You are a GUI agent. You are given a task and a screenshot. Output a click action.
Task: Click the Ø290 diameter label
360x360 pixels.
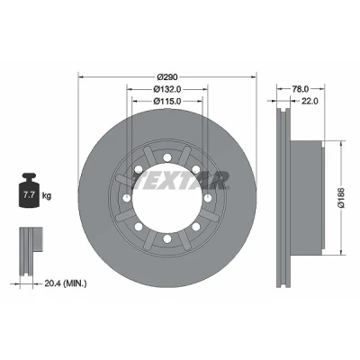[x=167, y=77]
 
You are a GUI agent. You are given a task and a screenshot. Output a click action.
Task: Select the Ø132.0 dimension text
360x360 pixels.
[x=167, y=89]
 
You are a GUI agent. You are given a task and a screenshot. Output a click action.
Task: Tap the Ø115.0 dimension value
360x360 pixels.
[x=167, y=101]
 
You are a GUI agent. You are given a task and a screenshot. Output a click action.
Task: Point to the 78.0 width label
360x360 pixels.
[x=301, y=89]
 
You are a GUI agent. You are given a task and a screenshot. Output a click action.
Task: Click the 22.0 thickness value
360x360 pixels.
[x=310, y=101]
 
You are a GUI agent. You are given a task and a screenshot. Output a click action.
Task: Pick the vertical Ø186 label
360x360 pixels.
[x=342, y=198]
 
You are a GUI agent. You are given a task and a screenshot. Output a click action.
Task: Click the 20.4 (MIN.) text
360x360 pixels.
[x=66, y=283]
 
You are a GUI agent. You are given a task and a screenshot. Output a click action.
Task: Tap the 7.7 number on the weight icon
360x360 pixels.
[x=29, y=195]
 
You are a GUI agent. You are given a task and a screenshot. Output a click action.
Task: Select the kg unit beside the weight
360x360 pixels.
[x=47, y=196]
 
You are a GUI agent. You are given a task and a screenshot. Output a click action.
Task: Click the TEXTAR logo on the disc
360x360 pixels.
[x=181, y=181]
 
